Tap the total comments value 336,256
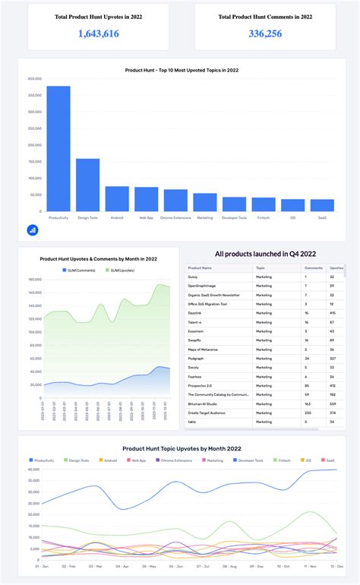coord(265,33)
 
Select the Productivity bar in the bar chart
coord(58,148)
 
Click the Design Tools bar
coord(88,185)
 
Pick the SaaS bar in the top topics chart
coord(322,205)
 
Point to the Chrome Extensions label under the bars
coord(175,217)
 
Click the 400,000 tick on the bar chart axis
coord(33,78)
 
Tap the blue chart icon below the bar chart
coord(33,229)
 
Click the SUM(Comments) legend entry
coord(81,270)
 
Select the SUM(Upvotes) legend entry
coord(122,270)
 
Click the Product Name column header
coord(201,268)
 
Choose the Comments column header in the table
coord(314,268)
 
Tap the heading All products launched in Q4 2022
coord(264,254)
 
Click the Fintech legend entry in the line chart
coord(282,460)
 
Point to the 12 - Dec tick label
coord(333,566)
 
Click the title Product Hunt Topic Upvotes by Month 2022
coord(182,449)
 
